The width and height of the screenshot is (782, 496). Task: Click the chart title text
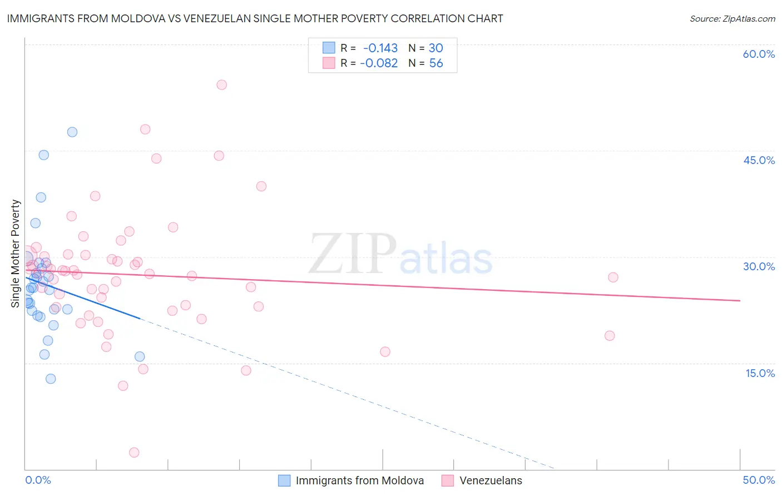pos(255,18)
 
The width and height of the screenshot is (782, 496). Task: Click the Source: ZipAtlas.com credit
pos(732,18)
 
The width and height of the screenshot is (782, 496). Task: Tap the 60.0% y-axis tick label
pos(759,54)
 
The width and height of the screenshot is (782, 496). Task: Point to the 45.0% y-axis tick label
pos(759,160)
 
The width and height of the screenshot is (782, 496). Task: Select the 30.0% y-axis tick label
pos(759,266)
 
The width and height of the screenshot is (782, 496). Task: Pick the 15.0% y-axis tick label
pos(760,373)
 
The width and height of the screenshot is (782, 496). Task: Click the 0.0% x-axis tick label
pos(38,480)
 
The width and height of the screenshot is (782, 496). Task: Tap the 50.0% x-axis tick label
pos(759,480)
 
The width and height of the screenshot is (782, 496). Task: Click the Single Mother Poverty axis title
pos(15,254)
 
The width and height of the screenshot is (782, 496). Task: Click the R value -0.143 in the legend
pos(380,48)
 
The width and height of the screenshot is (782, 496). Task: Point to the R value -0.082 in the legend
pos(379,63)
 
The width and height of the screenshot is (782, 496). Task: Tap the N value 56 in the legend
pos(436,63)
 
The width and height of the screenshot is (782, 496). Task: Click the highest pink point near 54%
pos(221,85)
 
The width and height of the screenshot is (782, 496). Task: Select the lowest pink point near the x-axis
pos(134,453)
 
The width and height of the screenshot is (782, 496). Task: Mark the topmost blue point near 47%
pos(72,132)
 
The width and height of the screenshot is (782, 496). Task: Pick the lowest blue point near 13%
pos(51,379)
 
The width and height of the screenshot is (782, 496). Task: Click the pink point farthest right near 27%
pos(613,277)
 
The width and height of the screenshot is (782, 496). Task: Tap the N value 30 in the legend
pos(435,48)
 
